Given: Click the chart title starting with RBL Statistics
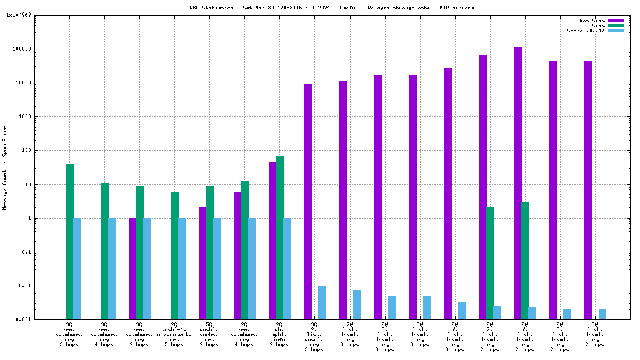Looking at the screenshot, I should pos(331,7).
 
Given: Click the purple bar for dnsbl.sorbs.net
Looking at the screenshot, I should pos(202,263).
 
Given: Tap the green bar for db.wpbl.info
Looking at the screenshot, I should pos(280,237).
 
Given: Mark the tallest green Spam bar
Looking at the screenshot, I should pos(280,237).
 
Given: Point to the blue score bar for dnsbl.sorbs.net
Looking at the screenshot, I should pos(217,269).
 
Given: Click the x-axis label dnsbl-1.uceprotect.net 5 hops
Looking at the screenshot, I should pos(175,335).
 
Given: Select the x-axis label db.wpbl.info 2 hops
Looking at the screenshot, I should pos(280,335).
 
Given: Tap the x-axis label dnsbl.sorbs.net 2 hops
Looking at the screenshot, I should pos(210,335).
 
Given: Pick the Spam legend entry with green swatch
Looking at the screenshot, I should pos(597,26).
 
